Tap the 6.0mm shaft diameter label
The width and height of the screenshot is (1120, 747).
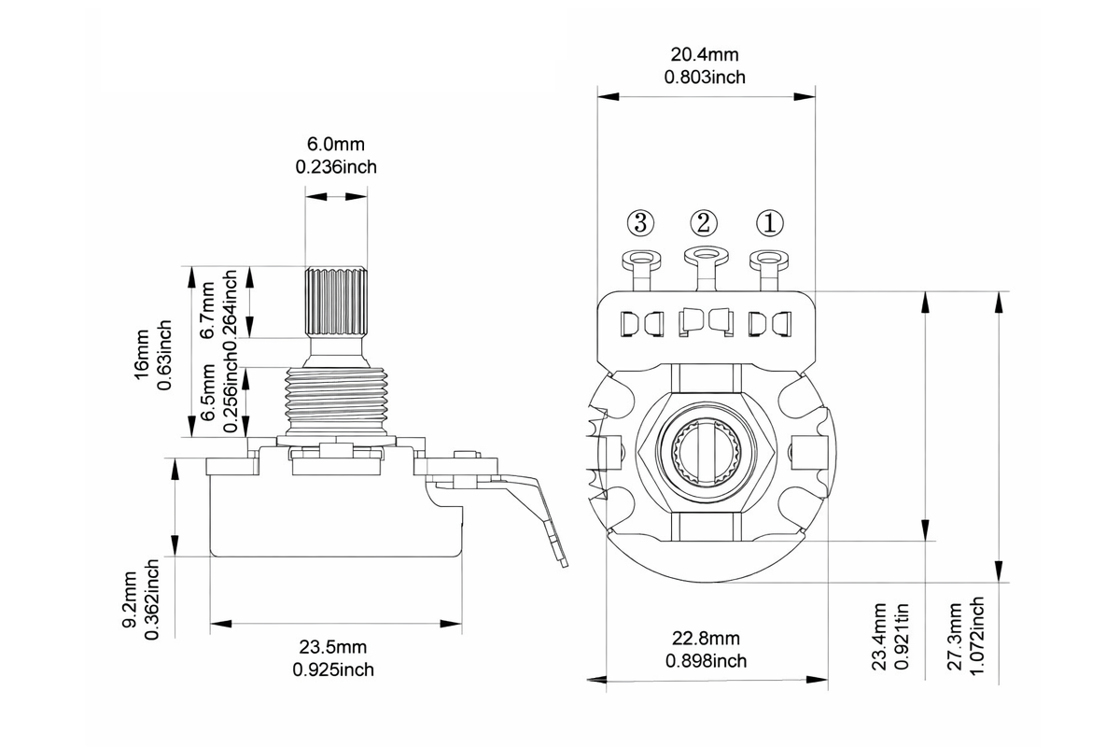[336, 145]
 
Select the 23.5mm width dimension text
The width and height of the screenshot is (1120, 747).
[333, 647]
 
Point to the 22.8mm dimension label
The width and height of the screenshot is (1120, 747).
[706, 640]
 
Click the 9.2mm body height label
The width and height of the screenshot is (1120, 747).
[130, 604]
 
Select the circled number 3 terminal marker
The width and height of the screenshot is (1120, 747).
[640, 222]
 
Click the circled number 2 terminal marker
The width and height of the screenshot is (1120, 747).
[705, 222]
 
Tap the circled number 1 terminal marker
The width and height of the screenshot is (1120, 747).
[770, 222]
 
